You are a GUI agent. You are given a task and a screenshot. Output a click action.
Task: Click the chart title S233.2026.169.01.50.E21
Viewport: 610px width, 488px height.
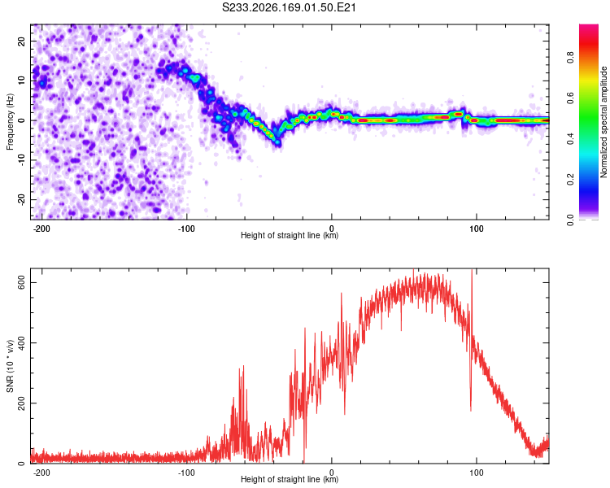click(289, 7)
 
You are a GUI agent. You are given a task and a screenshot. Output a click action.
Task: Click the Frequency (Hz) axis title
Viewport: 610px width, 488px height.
click(10, 121)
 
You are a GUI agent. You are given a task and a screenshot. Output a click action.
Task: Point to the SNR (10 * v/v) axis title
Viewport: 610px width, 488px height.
click(10, 366)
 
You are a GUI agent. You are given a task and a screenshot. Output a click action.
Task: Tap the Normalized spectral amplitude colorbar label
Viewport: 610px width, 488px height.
click(603, 122)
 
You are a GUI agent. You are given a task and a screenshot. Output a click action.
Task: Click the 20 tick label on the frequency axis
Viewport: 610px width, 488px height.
click(21, 41)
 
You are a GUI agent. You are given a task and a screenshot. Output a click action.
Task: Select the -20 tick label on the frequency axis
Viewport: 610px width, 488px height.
click(21, 200)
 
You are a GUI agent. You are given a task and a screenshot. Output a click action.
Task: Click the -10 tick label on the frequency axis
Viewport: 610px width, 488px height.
click(21, 160)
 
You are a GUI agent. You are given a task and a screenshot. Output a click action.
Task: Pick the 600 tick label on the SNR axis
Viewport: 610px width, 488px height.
click(21, 282)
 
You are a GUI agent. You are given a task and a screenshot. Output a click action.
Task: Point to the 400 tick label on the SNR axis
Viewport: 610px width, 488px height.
click(21, 343)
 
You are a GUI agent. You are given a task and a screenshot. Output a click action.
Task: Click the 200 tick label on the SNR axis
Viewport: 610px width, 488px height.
click(21, 403)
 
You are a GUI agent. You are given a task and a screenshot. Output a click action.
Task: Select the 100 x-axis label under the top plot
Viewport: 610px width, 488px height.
click(476, 229)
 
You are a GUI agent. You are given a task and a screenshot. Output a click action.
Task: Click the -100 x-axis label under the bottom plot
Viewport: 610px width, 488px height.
click(186, 473)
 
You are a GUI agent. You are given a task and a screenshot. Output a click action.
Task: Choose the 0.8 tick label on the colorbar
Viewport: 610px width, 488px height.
click(570, 58)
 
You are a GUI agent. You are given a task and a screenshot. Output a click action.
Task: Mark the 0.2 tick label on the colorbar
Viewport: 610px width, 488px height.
click(570, 180)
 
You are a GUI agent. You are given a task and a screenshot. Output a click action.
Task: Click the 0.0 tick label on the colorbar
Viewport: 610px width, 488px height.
click(570, 220)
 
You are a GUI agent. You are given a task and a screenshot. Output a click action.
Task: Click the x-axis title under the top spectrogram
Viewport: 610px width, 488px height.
click(290, 235)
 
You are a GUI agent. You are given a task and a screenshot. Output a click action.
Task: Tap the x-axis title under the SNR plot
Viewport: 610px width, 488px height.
click(290, 479)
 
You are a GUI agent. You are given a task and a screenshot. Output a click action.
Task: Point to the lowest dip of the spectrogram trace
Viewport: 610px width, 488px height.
click(277, 143)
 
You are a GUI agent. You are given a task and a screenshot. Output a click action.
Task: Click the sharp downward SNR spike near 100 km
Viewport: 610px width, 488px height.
click(471, 408)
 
